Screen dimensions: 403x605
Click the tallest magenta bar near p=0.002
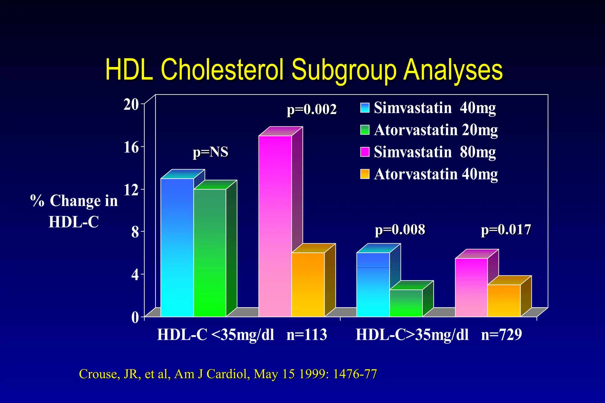[x=275, y=226]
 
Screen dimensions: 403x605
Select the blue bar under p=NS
[x=177, y=247]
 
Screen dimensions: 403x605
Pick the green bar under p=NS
[x=210, y=253]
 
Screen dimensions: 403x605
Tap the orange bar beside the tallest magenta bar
[x=308, y=285]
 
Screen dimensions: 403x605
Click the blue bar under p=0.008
[x=373, y=285]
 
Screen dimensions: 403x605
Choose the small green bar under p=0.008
[x=406, y=303]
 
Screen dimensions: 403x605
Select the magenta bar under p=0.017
[x=471, y=287]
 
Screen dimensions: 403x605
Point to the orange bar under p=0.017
[x=504, y=301]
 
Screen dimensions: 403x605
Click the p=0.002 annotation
[x=312, y=110]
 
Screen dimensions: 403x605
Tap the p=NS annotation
[x=210, y=152]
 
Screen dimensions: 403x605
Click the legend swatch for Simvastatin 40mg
[x=365, y=108]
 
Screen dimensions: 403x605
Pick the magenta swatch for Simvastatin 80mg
[x=365, y=152]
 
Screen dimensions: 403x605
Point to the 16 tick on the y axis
[x=131, y=147]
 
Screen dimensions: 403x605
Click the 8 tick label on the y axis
[x=135, y=232]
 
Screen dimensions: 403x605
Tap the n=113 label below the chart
[x=307, y=335]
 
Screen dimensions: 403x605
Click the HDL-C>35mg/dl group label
[x=412, y=335]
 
